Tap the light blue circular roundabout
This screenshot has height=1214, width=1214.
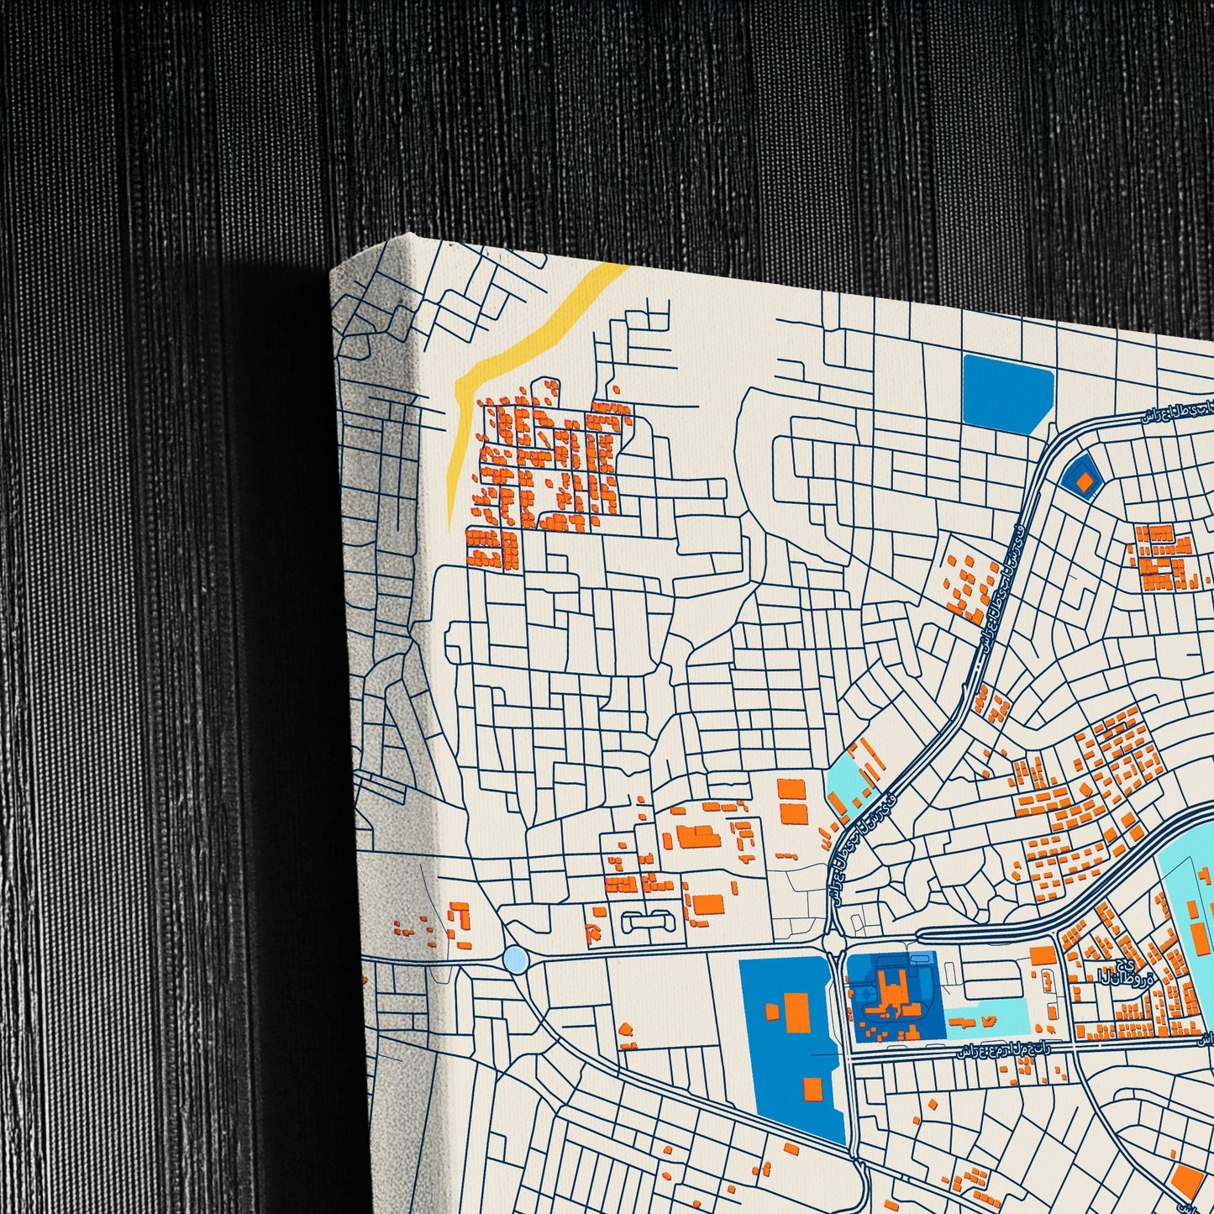[515, 959]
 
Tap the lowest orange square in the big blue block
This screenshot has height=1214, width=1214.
[812, 1089]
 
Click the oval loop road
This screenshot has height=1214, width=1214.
[649, 922]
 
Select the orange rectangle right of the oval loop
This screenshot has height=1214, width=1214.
[707, 905]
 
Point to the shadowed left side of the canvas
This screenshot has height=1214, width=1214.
[386, 672]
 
